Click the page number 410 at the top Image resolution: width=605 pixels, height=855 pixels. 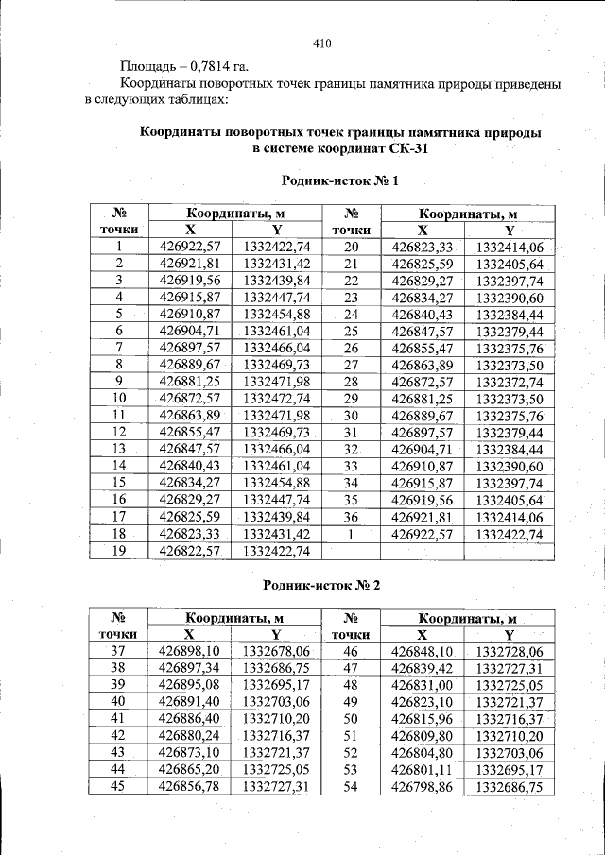click(321, 43)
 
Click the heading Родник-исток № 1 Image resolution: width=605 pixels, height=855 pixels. click(340, 180)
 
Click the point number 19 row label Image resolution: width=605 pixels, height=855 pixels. click(119, 550)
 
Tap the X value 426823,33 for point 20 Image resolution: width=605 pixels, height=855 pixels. click(423, 247)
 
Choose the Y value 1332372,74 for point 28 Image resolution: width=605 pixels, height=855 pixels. click(509, 382)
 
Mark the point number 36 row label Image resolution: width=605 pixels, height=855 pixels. click(351, 517)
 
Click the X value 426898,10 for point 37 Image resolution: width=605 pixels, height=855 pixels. click(190, 651)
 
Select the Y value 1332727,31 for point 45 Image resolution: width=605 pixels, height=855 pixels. click(276, 786)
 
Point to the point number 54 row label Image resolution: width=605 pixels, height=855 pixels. click(351, 786)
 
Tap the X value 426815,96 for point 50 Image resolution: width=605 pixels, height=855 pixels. click(423, 719)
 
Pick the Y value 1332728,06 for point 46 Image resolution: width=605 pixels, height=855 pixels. click(509, 652)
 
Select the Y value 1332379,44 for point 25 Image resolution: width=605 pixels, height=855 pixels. click(509, 332)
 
